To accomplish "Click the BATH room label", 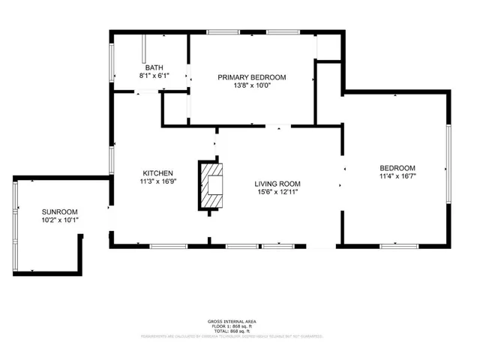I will pos(154,67).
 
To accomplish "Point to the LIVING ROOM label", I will pos(277,184).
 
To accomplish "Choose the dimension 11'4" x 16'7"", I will pos(397,177).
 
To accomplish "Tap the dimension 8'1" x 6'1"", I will pos(154,76).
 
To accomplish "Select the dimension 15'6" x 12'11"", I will pos(277,192).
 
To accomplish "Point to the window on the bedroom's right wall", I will pos(448,165).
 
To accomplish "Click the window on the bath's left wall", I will pos(112,63).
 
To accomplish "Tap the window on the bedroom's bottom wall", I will pos(398,245).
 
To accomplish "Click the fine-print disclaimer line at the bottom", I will pos(233,337).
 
